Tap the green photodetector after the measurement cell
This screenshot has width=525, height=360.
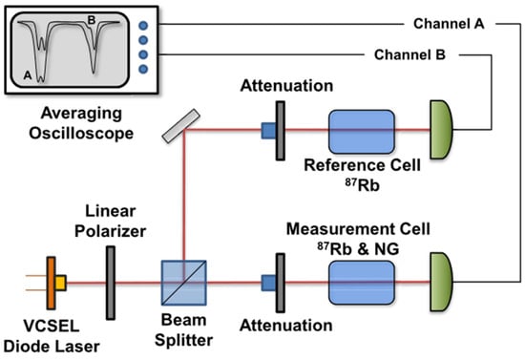coord(446,283)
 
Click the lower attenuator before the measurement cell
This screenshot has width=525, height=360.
coord(277,283)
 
